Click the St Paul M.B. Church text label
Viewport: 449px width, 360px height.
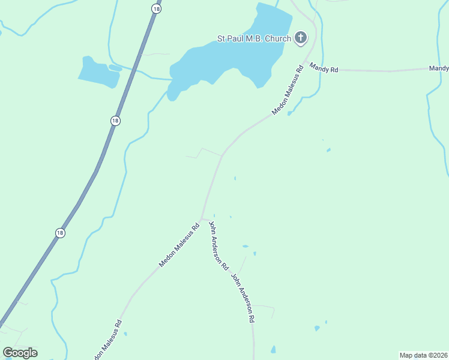point(254,39)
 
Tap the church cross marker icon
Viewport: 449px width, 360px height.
point(301,39)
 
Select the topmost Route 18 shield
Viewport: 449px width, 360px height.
point(156,8)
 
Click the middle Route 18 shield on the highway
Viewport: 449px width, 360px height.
point(115,121)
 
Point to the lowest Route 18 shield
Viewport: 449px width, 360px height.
point(60,232)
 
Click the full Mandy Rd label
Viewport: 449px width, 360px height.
point(324,68)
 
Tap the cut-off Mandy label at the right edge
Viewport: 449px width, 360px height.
point(439,69)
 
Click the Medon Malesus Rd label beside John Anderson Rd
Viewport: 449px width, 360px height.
point(179,245)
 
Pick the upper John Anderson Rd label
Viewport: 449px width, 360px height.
point(218,245)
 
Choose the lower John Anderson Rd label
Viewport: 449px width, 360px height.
point(243,299)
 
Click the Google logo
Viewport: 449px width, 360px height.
point(20,353)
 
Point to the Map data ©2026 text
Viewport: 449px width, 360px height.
point(423,355)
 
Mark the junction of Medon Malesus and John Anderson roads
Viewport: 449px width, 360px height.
point(202,218)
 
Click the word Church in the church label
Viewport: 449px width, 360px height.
point(278,39)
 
